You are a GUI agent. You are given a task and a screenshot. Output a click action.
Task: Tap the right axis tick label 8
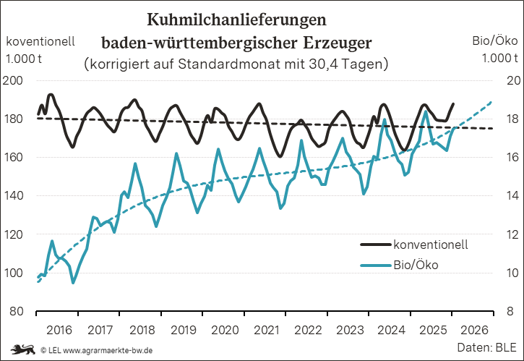coord(509,312)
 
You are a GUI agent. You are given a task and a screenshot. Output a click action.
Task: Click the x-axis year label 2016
coord(59,330)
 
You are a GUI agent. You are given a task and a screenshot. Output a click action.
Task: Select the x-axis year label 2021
coord(266,330)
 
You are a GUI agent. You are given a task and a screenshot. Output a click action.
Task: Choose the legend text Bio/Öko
coord(416,265)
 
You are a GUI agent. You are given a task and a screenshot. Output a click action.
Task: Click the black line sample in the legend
coord(375,244)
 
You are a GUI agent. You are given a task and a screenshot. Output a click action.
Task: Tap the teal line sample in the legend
coord(375,265)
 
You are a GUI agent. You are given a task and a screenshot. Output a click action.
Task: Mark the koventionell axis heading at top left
coord(40,42)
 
